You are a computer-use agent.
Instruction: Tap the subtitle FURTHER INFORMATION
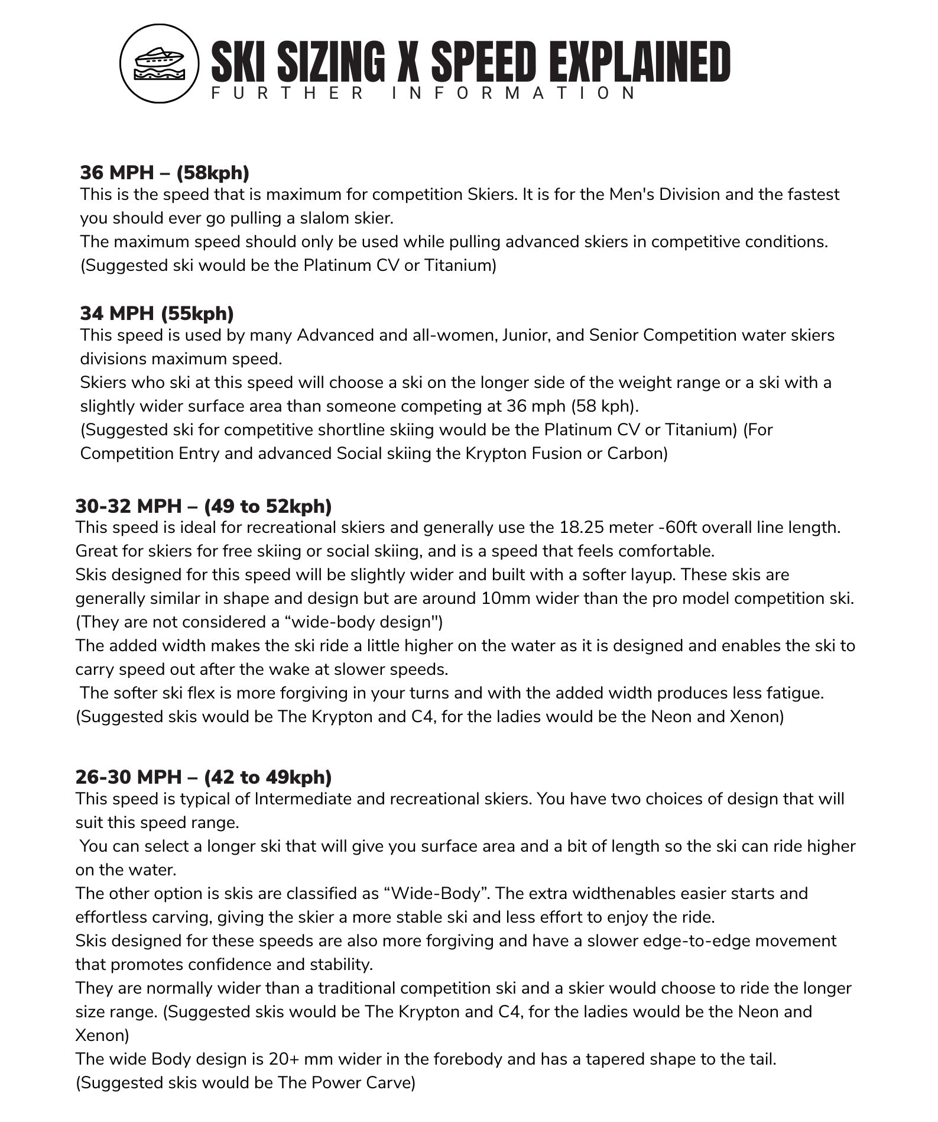coord(423,93)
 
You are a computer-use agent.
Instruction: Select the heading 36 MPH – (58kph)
coord(164,173)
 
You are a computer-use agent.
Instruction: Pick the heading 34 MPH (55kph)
coord(157,313)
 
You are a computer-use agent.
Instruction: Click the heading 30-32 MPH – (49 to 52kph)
coord(203,506)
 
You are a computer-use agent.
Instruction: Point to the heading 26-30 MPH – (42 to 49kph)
coord(203,777)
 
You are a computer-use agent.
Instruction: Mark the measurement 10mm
coord(500,599)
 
